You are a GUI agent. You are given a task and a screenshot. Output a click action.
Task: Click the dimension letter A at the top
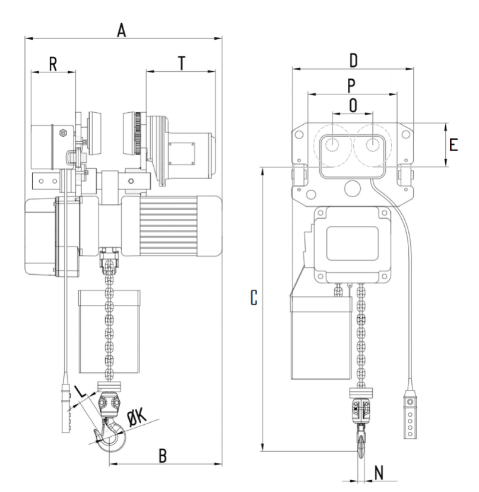coord(121,30)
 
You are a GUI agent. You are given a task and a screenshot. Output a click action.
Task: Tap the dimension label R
coord(53,64)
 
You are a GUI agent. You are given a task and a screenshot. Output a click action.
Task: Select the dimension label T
coord(182,63)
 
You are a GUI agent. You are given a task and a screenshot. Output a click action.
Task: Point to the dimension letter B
coord(163,456)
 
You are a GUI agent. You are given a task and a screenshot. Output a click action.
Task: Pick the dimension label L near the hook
coord(81,391)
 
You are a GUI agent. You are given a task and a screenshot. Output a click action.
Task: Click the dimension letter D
coord(353,61)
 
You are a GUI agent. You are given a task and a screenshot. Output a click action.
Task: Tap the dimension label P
coord(351,86)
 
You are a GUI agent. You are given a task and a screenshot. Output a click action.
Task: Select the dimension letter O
coord(353,105)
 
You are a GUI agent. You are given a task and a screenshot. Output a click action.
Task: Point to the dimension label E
coord(453,144)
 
